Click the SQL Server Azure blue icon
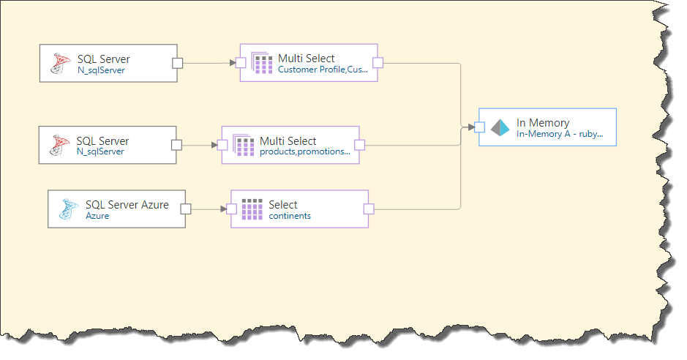69,209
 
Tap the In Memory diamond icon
500,127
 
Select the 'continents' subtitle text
290,216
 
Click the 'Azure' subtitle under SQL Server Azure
97,216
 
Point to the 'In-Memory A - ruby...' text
560,134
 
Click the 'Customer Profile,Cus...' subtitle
323,70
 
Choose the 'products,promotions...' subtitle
305,151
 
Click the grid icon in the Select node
252,209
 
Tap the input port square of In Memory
479,127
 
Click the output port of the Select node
369,209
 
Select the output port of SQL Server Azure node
186,209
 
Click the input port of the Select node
231,209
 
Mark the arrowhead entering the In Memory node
471,127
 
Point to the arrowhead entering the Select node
223,209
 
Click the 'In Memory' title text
543,123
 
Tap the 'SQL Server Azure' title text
127,205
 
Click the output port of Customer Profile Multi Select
378,63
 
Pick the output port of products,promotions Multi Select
359,145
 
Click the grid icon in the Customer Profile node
262,63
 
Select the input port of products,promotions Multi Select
222,145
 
